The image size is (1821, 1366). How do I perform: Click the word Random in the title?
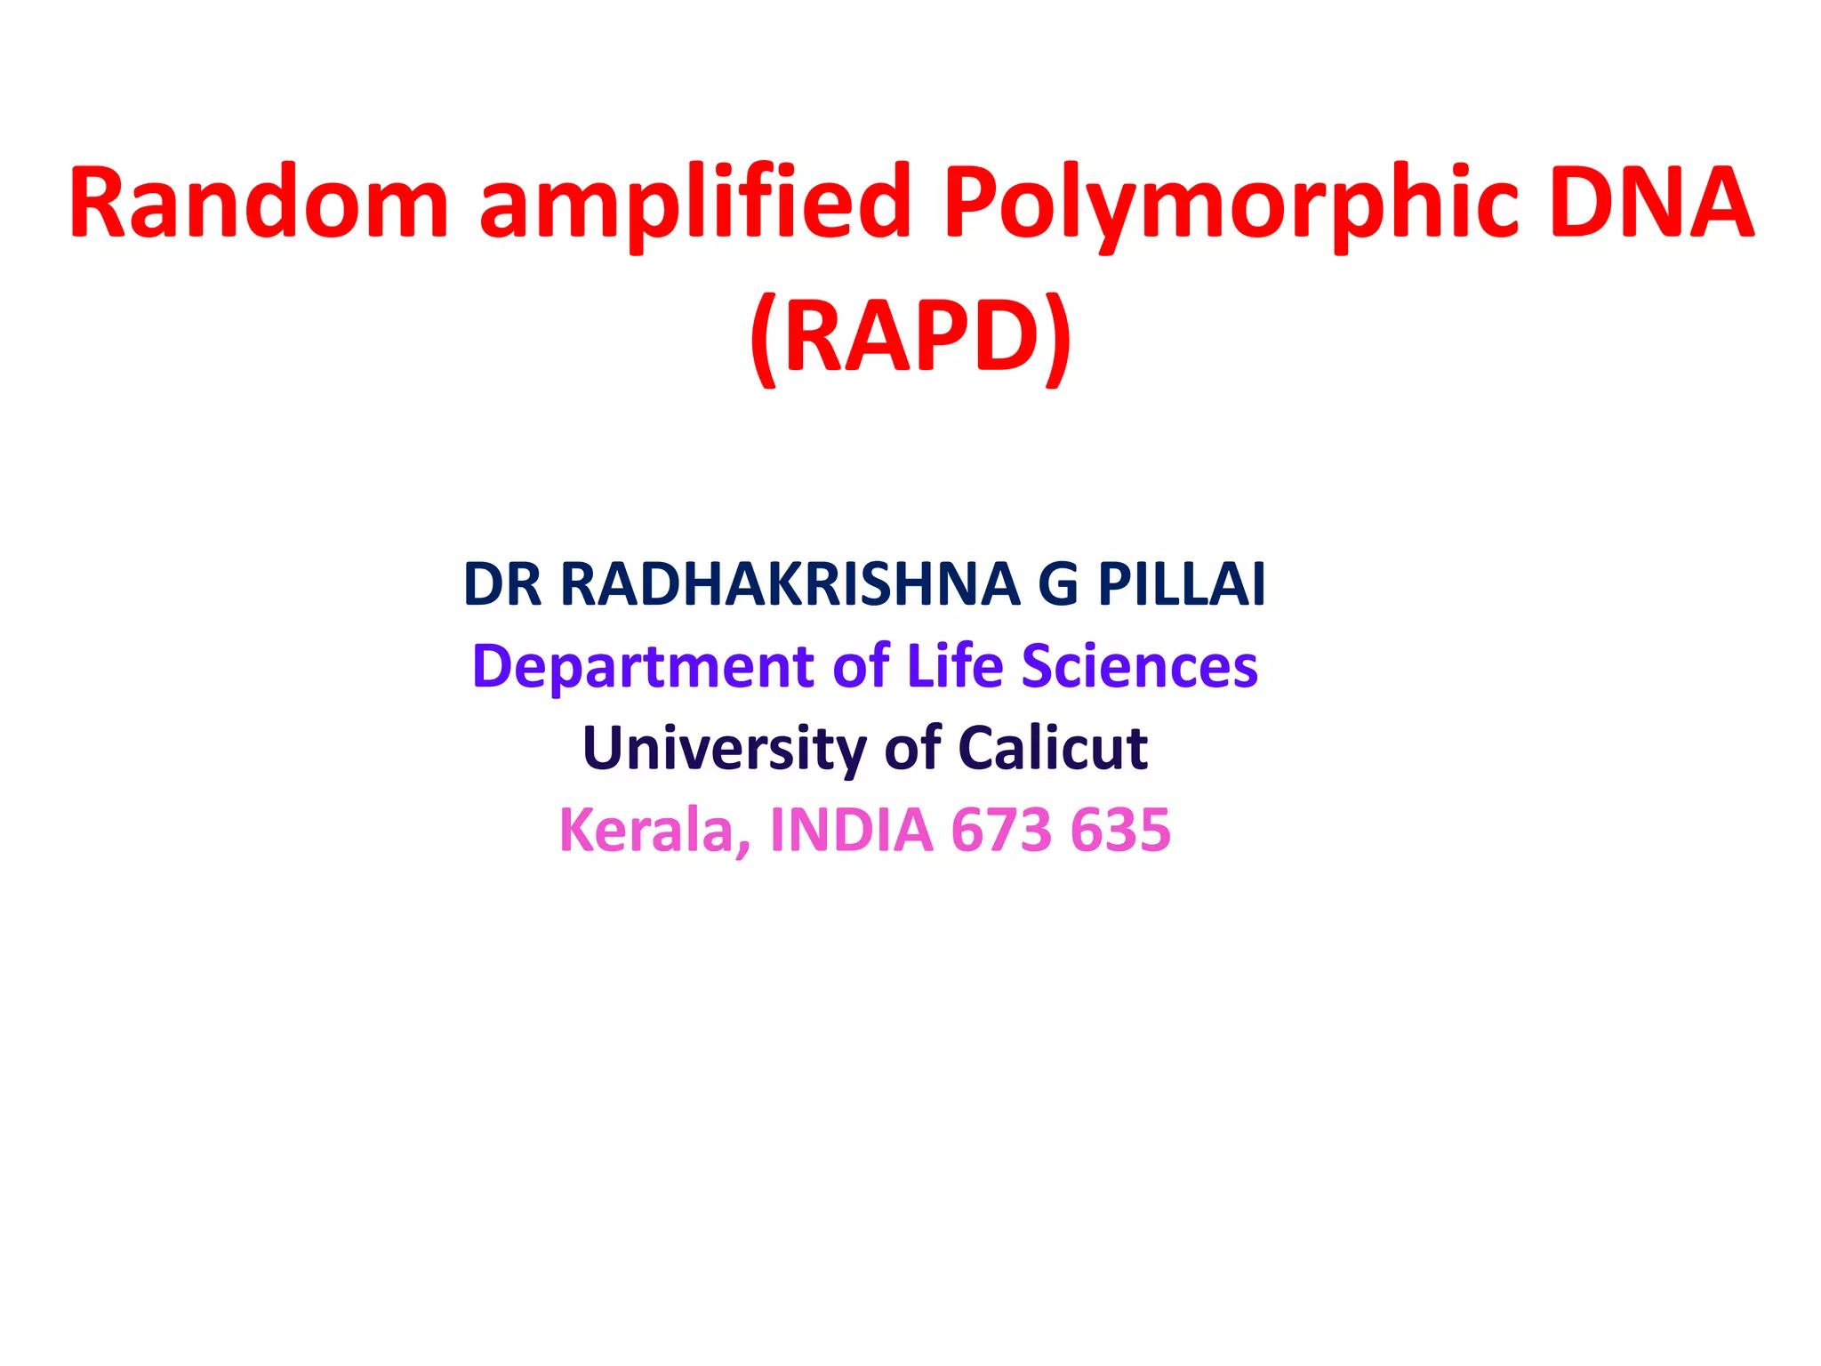(259, 203)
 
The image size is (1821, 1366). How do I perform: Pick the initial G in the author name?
(1058, 584)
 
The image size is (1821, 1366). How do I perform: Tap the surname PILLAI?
(1182, 584)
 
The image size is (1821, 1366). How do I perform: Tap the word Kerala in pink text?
(654, 830)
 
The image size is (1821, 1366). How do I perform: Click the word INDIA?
(852, 830)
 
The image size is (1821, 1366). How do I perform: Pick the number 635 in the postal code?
(1121, 830)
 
